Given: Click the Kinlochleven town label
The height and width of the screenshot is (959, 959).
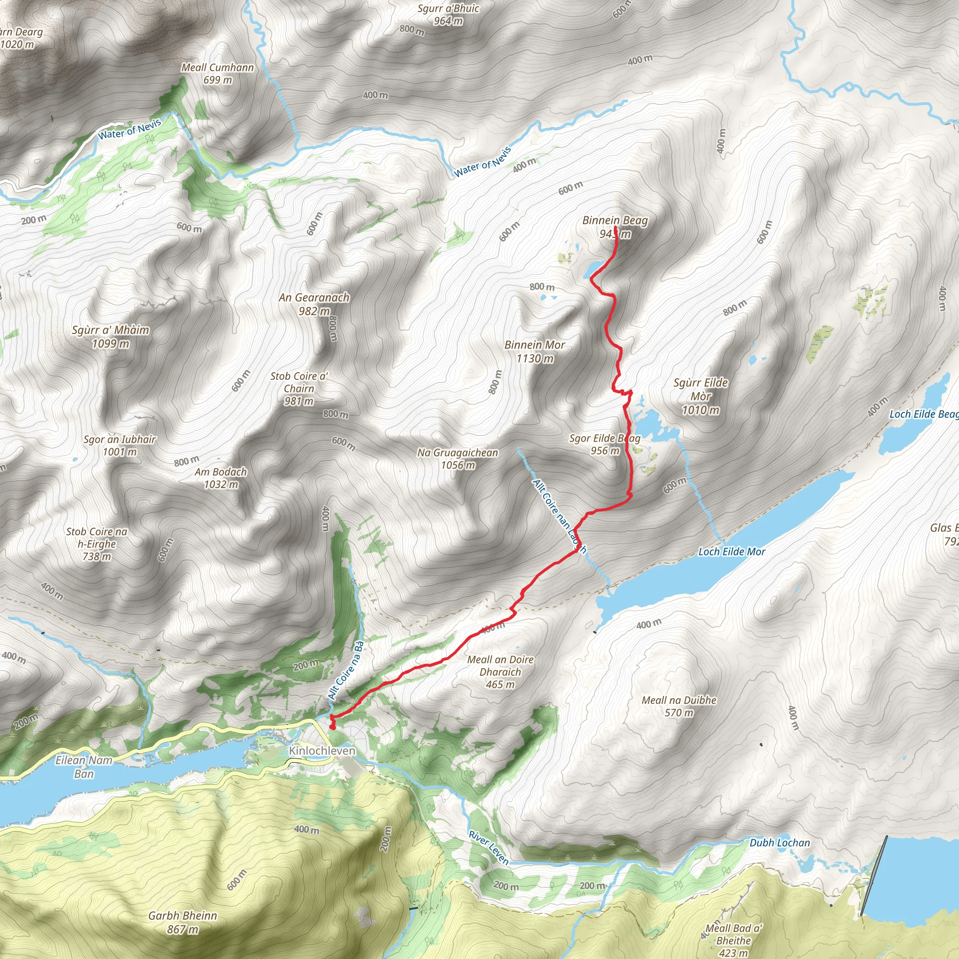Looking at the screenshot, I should [322, 751].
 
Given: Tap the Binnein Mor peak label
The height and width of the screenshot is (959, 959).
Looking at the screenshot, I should [535, 345].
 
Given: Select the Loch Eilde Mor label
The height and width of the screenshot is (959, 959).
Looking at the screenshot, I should [732, 552].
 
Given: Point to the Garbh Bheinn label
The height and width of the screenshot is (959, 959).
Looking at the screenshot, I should [183, 916].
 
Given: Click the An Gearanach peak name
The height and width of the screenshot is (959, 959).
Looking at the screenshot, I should [314, 297].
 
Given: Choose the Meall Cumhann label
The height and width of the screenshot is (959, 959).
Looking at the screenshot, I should [217, 67].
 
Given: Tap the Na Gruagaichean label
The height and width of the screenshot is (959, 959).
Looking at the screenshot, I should [457, 453].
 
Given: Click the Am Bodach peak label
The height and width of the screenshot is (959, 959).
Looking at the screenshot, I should [221, 472].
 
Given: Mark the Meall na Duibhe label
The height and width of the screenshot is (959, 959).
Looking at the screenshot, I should [679, 701].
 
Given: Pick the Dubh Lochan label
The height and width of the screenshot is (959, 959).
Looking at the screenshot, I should [780, 843].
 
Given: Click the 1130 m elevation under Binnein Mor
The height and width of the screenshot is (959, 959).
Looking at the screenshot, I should [535, 358].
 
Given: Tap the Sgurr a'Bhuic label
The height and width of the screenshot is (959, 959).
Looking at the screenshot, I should [448, 9].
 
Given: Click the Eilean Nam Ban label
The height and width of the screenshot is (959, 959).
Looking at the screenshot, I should [84, 767].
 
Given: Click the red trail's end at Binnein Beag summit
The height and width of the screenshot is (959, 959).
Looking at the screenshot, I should [615, 228].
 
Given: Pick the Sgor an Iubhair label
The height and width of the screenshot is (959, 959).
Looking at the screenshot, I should [119, 440].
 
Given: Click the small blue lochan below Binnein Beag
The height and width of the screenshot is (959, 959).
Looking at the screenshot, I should [592, 270].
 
